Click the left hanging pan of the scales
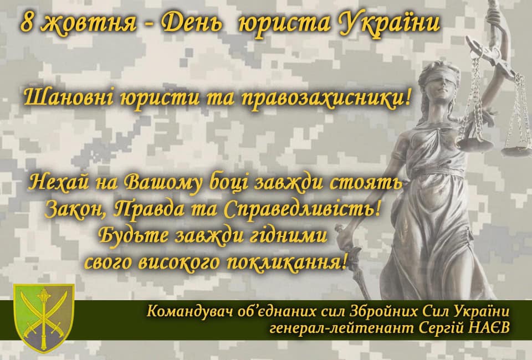point(475,142)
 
